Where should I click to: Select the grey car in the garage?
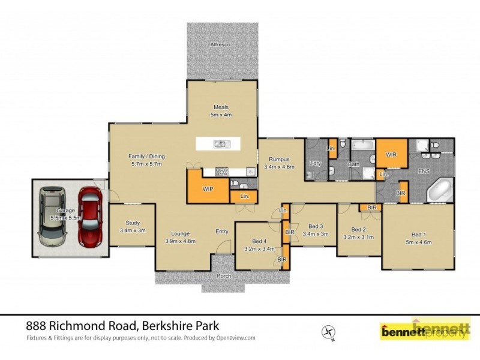point(53,217)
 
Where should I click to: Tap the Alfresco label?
point(220,45)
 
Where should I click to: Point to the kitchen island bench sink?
point(220,143)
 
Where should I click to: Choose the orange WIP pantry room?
point(207,188)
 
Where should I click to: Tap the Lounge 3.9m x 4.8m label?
point(179,236)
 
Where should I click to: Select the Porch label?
point(224,277)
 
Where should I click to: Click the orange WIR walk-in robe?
point(391,155)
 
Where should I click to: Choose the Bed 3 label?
point(316,230)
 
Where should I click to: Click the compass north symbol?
point(327,331)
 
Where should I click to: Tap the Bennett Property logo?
point(425,330)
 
